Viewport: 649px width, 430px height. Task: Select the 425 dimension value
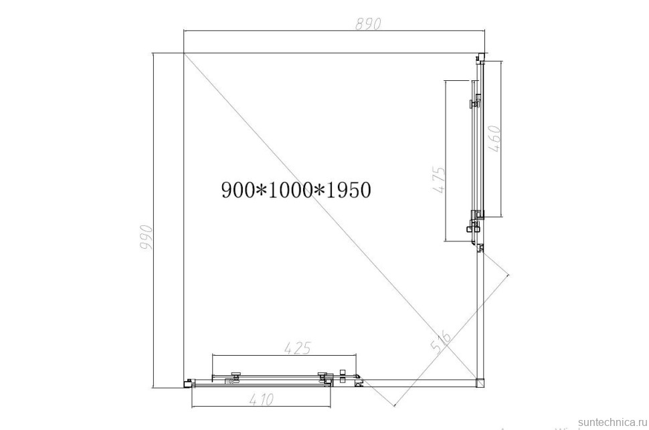coord(296,348)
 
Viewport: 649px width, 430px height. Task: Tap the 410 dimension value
coord(261,400)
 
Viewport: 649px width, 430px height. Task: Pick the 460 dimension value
coord(494,139)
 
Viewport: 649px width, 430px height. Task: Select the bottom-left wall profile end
coord(188,383)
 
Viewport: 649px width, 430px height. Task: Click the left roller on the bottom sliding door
coord(235,377)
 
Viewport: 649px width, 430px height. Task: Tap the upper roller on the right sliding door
coord(475,104)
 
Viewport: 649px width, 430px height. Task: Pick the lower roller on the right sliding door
coord(477,215)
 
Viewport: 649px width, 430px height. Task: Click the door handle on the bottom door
coord(231,382)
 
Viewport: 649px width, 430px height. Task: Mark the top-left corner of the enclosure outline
coord(184,53)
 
